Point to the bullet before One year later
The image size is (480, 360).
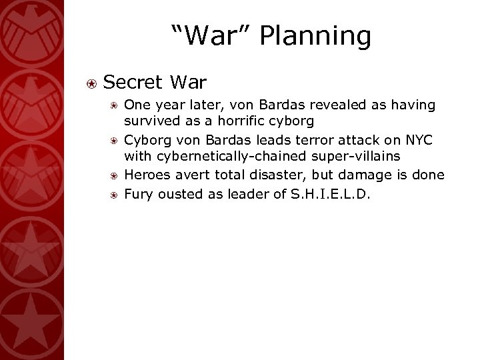[115, 105]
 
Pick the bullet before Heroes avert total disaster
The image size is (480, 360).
[115, 174]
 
